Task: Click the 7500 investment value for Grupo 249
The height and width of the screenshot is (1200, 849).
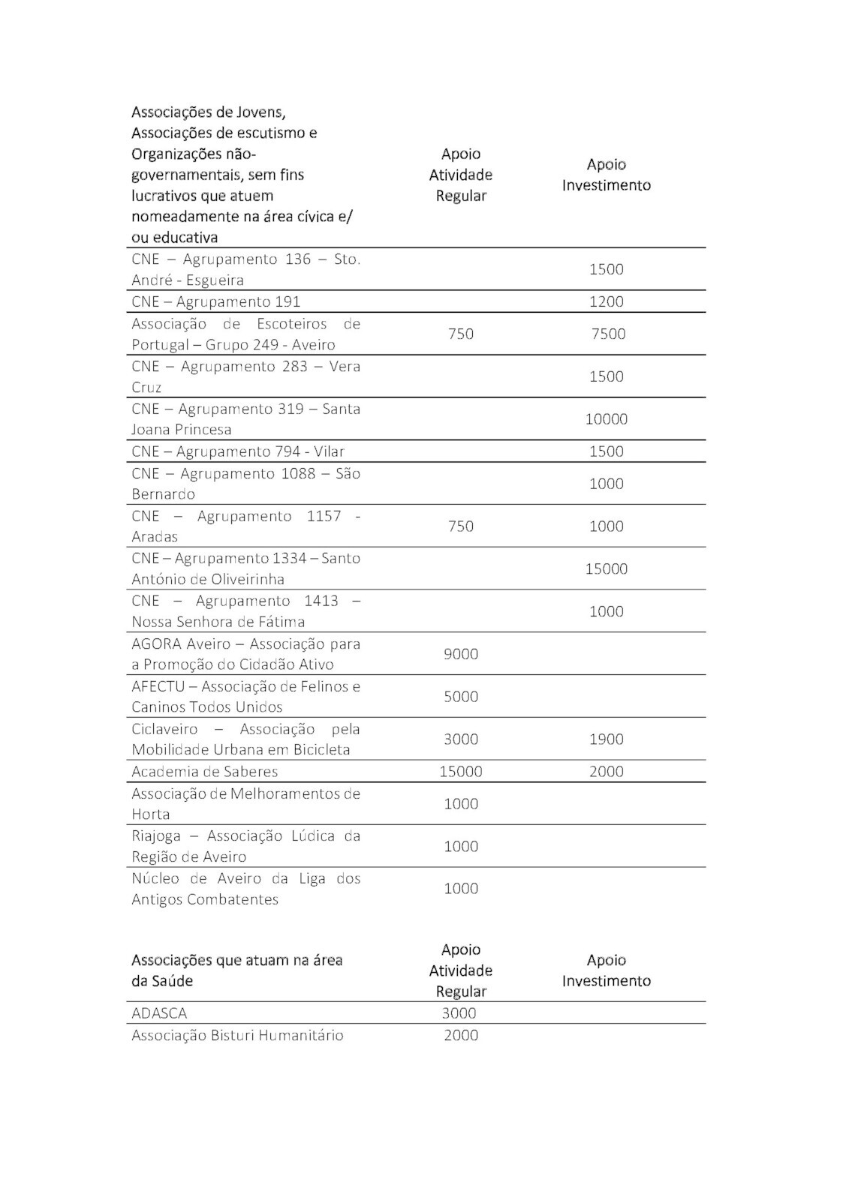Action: tap(608, 334)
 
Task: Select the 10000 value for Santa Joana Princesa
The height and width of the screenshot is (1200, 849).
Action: tap(606, 418)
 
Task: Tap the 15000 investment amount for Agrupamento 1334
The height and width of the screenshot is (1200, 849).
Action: tap(606, 568)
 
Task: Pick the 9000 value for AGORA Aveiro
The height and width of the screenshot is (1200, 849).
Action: tap(460, 654)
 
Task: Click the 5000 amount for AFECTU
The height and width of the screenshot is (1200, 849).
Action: tap(460, 697)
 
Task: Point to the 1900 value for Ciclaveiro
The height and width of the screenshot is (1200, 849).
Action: tap(606, 739)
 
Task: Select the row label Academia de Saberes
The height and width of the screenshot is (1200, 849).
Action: tap(204, 771)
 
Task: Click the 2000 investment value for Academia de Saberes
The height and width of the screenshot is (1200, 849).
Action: tap(606, 771)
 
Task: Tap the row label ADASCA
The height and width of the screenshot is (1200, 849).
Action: tap(159, 1013)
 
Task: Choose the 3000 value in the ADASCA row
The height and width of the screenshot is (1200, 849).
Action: tap(459, 1013)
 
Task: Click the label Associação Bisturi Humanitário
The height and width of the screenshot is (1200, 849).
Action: tap(237, 1035)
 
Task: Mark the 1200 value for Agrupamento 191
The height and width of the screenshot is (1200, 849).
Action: tap(606, 301)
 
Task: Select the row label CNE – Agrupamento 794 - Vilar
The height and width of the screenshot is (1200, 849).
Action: tap(238, 451)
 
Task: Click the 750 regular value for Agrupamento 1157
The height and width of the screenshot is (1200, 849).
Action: tap(460, 526)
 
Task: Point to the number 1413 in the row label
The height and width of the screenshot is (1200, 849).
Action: tap(321, 601)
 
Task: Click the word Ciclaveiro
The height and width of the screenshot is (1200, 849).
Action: tap(164, 729)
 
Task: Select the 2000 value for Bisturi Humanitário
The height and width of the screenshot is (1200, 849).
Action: tap(460, 1035)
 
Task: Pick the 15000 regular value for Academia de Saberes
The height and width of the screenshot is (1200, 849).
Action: tap(460, 771)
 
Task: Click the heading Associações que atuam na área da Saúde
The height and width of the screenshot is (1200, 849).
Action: tap(236, 970)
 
